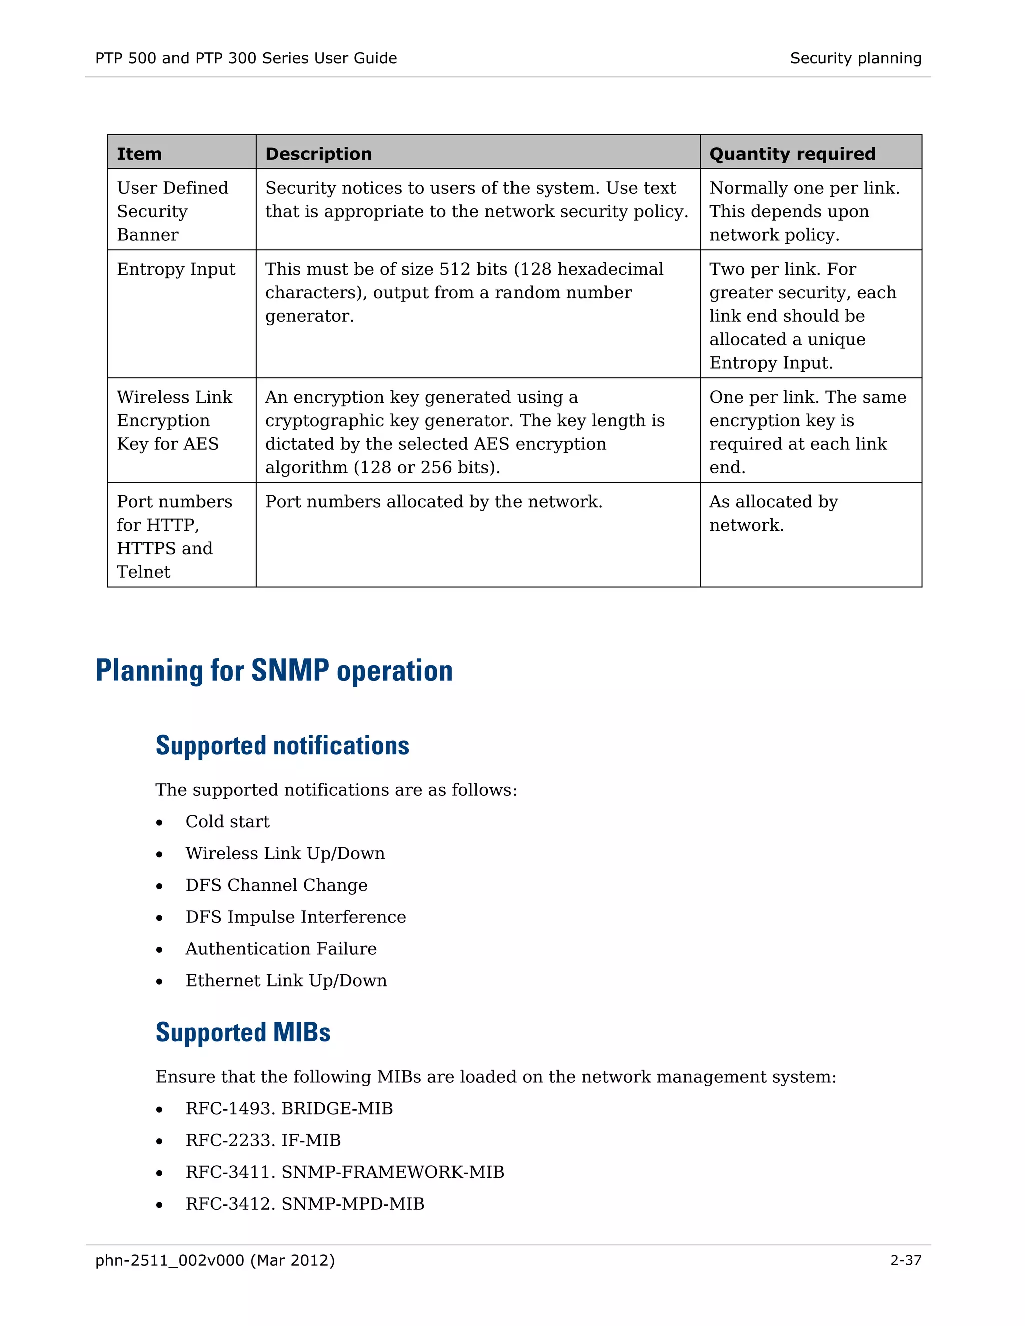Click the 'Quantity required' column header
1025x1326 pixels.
(x=792, y=154)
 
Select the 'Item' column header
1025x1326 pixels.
(x=139, y=154)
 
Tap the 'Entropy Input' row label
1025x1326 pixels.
(x=176, y=269)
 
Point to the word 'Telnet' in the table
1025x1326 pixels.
(x=143, y=572)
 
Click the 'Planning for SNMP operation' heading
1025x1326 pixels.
(x=274, y=671)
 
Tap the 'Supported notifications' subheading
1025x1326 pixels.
(x=282, y=746)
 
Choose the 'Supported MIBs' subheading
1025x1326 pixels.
(x=243, y=1032)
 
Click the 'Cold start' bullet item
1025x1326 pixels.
(x=227, y=822)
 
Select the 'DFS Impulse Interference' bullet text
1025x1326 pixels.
(x=296, y=917)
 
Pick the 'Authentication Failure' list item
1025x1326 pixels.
(x=281, y=948)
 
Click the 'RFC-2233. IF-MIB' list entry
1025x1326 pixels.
(x=263, y=1140)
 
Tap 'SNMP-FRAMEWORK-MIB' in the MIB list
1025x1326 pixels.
(x=393, y=1172)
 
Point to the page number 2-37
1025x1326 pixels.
(x=905, y=1260)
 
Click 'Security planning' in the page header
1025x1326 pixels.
(x=855, y=58)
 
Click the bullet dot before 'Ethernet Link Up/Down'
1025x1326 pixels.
(x=159, y=982)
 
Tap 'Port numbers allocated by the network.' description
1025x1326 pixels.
(x=433, y=501)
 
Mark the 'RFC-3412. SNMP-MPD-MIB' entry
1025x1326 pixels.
(x=305, y=1203)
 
